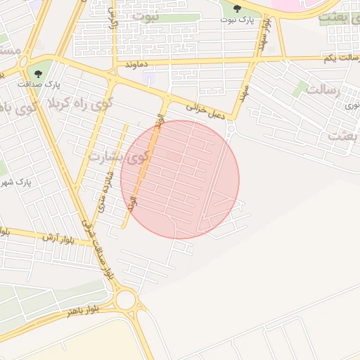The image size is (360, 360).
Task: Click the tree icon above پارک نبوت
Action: click(237, 8)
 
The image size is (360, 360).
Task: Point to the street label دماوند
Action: click(139, 63)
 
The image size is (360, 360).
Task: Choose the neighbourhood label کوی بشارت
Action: click(119, 154)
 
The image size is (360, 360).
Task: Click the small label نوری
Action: click(349, 105)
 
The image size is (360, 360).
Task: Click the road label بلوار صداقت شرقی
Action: click(98, 248)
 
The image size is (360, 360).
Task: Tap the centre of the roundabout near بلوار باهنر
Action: click(125, 300)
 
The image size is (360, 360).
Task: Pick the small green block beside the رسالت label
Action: click(302, 88)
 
